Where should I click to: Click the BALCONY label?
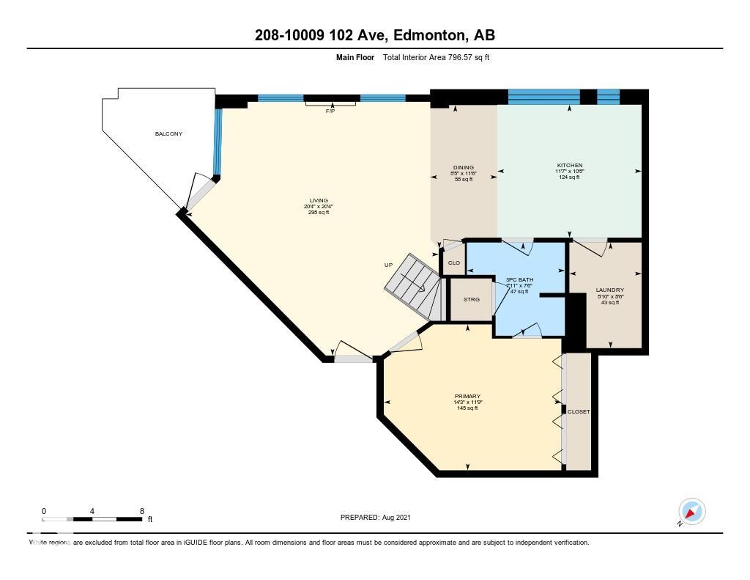click(168, 133)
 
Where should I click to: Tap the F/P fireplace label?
click(330, 111)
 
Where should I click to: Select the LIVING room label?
click(318, 200)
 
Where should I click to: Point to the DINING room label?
click(463, 167)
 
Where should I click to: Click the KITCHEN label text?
click(569, 166)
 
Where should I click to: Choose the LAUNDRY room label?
click(609, 290)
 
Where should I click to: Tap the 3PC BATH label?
click(519, 279)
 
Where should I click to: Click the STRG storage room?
click(471, 299)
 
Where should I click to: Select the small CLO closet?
click(453, 263)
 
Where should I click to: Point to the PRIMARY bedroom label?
click(467, 397)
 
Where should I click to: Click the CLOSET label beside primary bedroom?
click(578, 412)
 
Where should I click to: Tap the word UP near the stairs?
click(388, 265)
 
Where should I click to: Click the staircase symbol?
click(414, 286)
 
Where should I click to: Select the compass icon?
click(691, 511)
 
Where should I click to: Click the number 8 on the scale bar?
click(141, 511)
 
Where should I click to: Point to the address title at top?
click(375, 35)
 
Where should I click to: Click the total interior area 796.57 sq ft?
click(436, 57)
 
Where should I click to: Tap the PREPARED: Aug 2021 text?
click(375, 517)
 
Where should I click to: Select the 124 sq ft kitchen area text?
click(569, 177)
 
